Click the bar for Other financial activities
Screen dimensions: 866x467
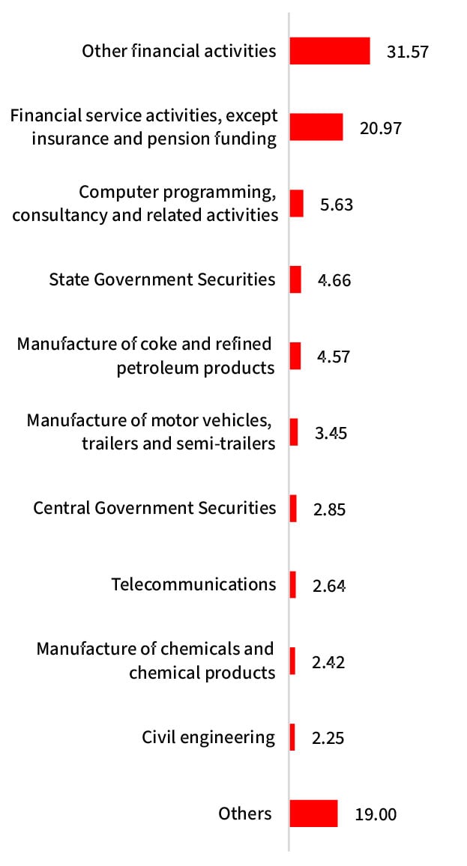tap(330, 51)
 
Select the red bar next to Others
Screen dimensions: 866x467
tap(313, 814)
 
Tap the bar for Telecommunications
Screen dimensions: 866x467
tap(293, 584)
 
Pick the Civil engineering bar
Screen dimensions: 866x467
tap(292, 737)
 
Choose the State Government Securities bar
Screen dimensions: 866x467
tap(295, 279)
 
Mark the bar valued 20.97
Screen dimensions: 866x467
tap(316, 127)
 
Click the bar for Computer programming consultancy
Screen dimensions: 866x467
tap(297, 203)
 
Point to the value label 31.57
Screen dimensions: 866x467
tap(408, 52)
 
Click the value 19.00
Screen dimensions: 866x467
tap(376, 814)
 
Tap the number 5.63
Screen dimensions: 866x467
tap(336, 205)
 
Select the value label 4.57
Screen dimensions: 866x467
tap(334, 357)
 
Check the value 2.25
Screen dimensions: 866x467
tap(328, 738)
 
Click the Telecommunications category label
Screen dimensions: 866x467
tap(193, 584)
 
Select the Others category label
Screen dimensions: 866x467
tap(245, 813)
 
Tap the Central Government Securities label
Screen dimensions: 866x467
tap(154, 508)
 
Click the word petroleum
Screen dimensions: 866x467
tap(157, 369)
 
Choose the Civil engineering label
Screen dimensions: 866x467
tap(208, 737)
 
